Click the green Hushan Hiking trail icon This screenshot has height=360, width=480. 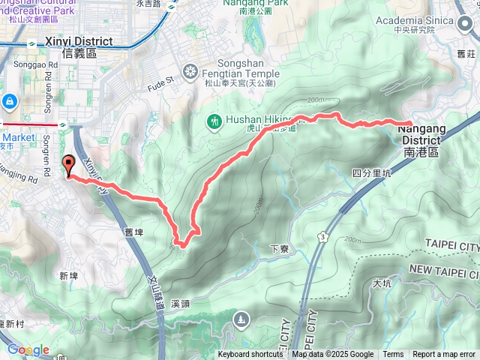(214, 121)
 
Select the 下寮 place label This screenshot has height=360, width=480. (280, 247)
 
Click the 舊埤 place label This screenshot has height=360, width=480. (136, 233)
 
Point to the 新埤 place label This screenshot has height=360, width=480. (68, 276)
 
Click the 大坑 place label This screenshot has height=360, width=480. (381, 283)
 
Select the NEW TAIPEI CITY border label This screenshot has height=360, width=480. (444, 268)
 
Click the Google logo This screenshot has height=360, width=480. (28, 350)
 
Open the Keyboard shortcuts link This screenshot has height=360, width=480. (250, 355)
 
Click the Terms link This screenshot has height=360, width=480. (393, 355)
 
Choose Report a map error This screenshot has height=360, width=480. (444, 355)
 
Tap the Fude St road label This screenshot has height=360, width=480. (160, 79)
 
